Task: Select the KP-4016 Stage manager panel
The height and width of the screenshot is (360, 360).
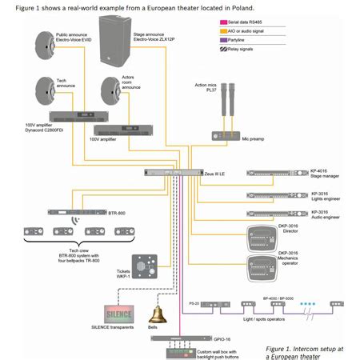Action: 276,172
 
